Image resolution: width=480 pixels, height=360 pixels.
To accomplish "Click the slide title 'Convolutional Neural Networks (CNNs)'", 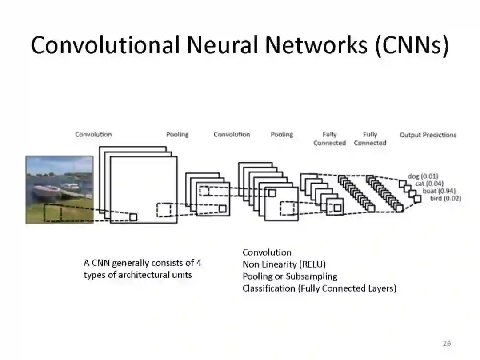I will (x=240, y=45).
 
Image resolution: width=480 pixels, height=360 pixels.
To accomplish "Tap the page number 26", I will (x=447, y=343).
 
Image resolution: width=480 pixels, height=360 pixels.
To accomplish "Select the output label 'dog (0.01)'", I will (x=423, y=176).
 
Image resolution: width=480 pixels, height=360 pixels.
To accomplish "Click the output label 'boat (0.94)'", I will (x=439, y=191).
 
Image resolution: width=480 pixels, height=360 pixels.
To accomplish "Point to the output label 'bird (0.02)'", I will (x=445, y=198).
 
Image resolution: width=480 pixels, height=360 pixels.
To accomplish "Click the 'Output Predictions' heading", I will (x=428, y=135).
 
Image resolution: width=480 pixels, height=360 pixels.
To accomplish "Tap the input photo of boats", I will (x=60, y=189).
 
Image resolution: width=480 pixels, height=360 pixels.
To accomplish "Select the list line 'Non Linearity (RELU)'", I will (x=284, y=264).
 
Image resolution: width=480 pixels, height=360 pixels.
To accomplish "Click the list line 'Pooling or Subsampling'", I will (x=290, y=276).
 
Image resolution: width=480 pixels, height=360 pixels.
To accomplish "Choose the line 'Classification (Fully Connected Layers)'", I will (x=319, y=288).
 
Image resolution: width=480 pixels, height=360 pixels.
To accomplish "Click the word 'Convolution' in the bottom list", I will (x=267, y=252).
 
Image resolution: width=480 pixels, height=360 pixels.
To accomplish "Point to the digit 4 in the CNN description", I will (x=199, y=263).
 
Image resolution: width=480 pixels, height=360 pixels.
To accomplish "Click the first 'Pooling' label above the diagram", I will (x=177, y=134).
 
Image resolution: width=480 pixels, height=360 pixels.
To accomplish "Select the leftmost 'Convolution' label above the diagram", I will (x=93, y=134).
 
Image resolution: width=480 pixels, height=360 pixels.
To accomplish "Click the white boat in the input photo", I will (x=47, y=191).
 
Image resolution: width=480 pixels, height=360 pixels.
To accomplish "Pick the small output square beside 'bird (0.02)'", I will (x=417, y=199).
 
